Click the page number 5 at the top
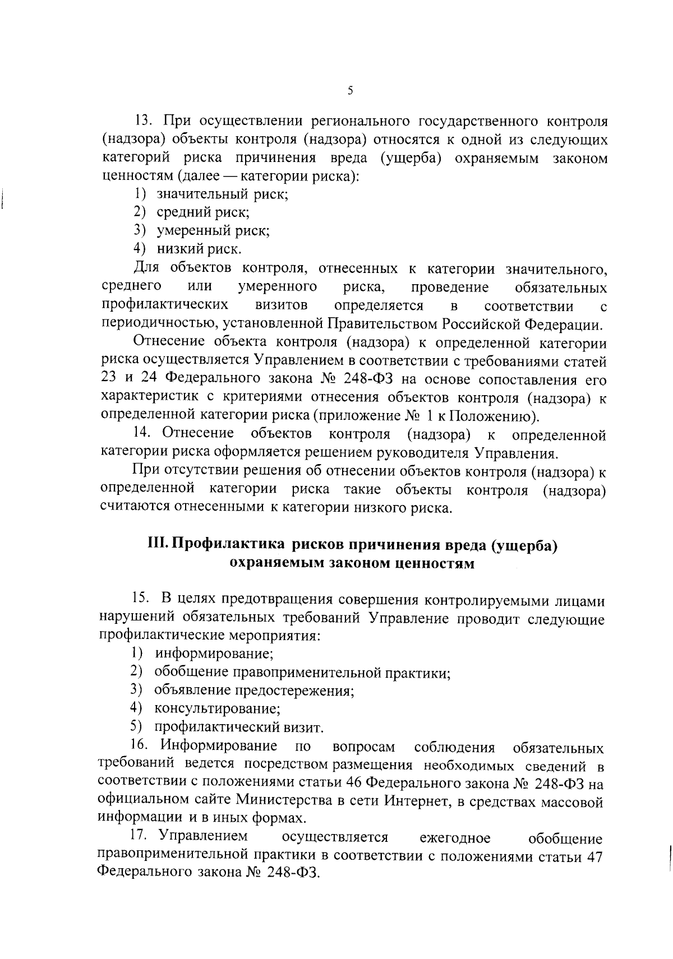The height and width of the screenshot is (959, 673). pos(349,90)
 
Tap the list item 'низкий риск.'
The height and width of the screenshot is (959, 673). pos(199,248)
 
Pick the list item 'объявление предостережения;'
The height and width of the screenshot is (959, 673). pos(254,691)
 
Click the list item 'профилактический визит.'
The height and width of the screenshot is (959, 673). pos(239,728)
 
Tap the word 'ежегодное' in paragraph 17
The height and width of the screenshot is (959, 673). pos(455,838)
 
